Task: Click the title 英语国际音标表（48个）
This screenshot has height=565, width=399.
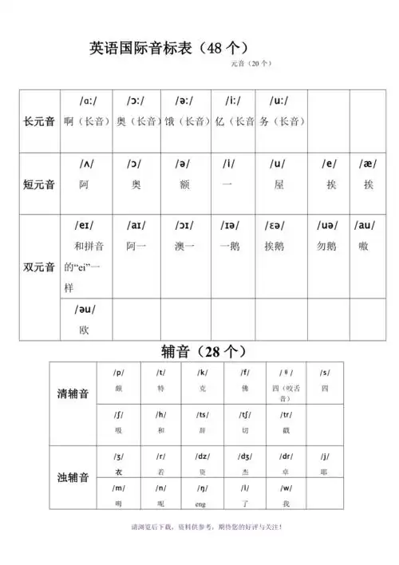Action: click(x=171, y=47)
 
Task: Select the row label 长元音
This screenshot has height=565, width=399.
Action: click(x=39, y=121)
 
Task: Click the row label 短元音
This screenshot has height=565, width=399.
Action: click(x=39, y=184)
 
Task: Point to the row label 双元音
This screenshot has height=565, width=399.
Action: click(x=39, y=266)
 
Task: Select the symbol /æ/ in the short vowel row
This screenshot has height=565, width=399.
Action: click(x=368, y=164)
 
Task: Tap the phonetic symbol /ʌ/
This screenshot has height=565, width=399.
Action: click(x=86, y=164)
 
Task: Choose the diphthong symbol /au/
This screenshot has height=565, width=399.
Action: click(x=368, y=227)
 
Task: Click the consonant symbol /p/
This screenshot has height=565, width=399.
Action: click(x=119, y=373)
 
